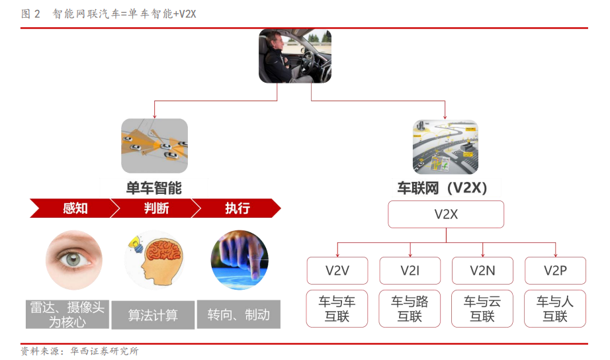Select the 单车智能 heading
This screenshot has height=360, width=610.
coord(154,188)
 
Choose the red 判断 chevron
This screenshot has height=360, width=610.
coord(156,209)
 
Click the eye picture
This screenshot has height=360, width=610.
coord(73,260)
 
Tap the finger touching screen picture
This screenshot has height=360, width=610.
coord(239,260)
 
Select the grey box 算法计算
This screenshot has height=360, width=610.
coord(153,316)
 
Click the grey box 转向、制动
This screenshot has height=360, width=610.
coord(238,314)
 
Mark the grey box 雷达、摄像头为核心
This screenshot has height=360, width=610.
coord(67,314)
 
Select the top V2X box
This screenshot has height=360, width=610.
coord(446,214)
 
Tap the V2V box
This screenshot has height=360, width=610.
coord(337,271)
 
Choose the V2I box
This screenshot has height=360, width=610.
coord(410,271)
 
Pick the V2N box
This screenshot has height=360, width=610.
coord(482,271)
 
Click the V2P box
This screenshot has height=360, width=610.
coord(555,271)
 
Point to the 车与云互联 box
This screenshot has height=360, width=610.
coord(482,308)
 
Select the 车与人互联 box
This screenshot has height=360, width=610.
coord(555,308)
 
